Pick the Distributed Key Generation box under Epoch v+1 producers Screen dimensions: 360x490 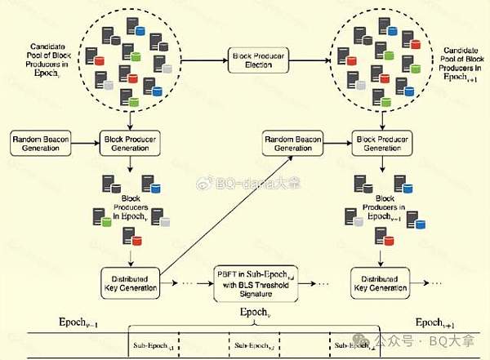(x=381, y=280)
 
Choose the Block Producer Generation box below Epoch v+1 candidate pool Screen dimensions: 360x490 (x=381, y=144)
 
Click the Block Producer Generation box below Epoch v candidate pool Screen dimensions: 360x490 (x=129, y=144)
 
